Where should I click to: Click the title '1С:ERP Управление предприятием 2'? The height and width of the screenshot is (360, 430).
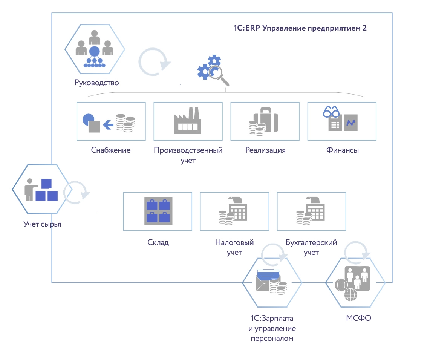coord(300,28)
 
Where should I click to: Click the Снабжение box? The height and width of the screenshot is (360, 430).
coord(111,121)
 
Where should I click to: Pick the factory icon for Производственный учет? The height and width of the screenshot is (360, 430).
coord(188,121)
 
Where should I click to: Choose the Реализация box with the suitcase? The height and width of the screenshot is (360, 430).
coord(265,121)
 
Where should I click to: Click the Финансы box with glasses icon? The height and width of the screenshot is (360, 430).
coord(341,121)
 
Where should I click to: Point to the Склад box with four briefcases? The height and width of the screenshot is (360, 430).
coord(158,211)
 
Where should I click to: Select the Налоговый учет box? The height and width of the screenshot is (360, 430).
coord(234,211)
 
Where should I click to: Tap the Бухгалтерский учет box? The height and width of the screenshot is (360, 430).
coord(311,211)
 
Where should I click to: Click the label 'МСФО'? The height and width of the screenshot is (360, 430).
coord(358,318)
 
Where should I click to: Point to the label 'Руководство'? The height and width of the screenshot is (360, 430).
coord(96,83)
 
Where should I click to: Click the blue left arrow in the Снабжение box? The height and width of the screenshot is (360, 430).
coord(109,124)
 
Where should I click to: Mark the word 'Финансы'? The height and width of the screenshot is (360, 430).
coord(342,150)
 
